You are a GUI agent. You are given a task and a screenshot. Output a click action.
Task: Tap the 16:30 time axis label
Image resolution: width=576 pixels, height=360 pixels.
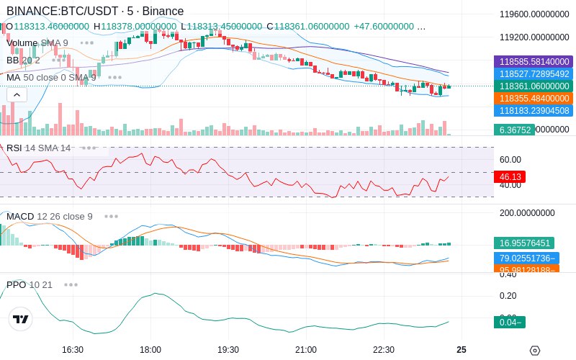(73, 349)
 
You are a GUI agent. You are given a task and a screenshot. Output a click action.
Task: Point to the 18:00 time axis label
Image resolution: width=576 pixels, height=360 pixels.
(150, 349)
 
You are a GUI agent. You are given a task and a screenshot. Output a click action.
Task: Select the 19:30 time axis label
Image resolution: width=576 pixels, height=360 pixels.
(228, 349)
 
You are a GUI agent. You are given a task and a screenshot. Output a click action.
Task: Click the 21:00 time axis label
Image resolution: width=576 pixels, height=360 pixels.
(305, 349)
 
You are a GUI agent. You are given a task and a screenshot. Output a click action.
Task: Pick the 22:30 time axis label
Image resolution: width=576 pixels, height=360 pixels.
(383, 349)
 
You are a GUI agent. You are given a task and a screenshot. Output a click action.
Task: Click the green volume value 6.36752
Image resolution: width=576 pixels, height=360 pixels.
(514, 130)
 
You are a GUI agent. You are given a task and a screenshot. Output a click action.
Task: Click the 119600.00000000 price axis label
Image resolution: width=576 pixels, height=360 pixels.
(534, 14)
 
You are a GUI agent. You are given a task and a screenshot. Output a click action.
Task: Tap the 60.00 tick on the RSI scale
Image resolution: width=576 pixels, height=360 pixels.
(510, 160)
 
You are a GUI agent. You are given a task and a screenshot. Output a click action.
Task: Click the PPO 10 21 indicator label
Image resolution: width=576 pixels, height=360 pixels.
(30, 284)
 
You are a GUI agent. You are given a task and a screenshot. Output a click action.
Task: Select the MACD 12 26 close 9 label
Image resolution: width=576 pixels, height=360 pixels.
(50, 216)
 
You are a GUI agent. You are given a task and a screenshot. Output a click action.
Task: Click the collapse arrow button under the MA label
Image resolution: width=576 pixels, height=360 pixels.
(17, 94)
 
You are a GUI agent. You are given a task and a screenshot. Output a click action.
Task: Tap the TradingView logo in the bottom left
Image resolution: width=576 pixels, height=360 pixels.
(21, 319)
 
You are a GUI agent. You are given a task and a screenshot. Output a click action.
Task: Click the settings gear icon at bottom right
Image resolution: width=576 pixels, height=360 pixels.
(534, 351)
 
